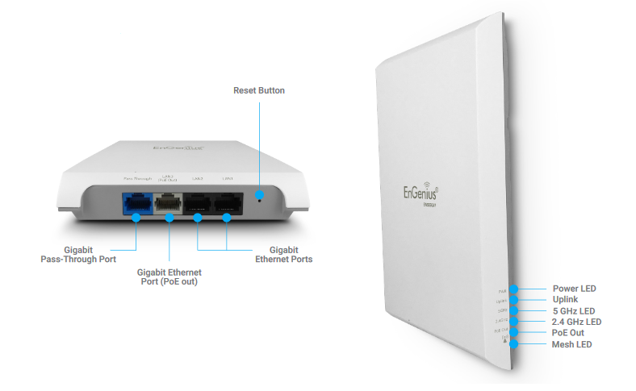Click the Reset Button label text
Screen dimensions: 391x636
(x=258, y=90)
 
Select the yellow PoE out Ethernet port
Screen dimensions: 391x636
(x=169, y=206)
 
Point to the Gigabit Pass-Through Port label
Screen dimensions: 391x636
(x=78, y=255)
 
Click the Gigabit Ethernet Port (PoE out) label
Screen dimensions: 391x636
(x=169, y=277)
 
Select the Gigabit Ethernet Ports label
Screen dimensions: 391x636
(x=283, y=255)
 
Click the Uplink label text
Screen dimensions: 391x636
(x=567, y=299)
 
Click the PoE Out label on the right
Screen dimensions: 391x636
(x=568, y=333)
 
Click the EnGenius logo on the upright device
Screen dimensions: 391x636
(x=426, y=193)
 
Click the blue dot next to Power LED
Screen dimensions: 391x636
(x=515, y=289)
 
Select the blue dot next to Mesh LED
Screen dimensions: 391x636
(x=514, y=344)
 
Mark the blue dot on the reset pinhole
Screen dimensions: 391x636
(x=258, y=194)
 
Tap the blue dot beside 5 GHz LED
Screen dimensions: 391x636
(x=515, y=310)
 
